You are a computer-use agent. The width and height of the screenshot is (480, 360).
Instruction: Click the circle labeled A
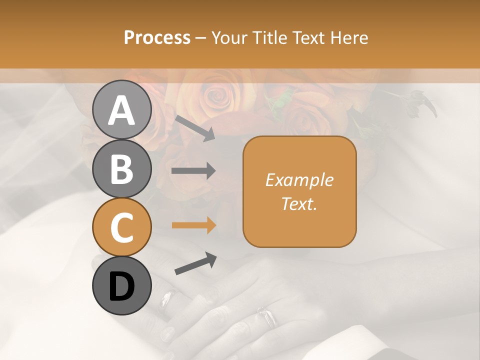tap(122, 110)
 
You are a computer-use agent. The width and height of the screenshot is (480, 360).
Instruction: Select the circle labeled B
tap(122, 168)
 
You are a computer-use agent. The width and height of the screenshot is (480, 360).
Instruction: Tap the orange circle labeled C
tap(122, 227)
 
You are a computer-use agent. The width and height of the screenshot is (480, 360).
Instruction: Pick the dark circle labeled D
tap(122, 286)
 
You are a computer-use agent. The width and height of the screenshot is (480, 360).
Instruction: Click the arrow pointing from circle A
tap(194, 128)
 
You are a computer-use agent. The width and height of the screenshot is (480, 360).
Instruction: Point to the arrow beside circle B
tap(193, 171)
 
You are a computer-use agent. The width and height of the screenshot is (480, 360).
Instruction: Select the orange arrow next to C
tap(193, 225)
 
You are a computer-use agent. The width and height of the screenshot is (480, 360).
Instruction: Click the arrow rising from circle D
tap(195, 263)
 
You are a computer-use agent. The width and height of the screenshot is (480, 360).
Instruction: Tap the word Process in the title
tap(157, 37)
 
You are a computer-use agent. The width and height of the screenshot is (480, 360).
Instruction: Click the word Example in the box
tap(299, 180)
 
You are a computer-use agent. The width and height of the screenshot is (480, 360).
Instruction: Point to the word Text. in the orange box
tap(299, 203)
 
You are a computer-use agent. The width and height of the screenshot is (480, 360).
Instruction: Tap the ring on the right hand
tap(267, 316)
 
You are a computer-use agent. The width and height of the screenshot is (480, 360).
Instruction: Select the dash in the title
tap(201, 38)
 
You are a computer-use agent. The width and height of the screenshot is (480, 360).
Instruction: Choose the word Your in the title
tap(228, 37)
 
